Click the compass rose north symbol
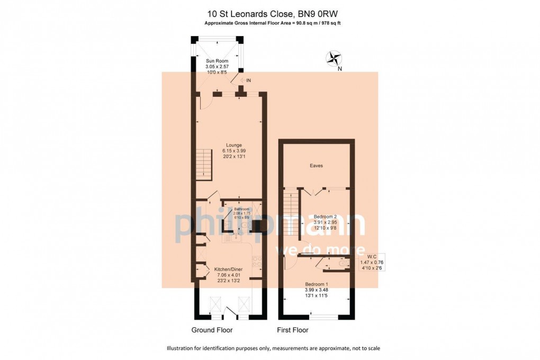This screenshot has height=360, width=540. [334, 58]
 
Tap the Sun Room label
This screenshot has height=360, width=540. [217, 61]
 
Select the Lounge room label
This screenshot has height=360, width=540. [233, 145]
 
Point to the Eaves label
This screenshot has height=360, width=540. [316, 166]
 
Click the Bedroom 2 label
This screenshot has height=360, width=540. [326, 217]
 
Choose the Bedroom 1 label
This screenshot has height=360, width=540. [317, 284]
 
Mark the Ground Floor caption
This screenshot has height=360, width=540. [212, 330]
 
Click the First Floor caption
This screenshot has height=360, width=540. [292, 330]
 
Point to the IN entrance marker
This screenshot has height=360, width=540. [246, 80]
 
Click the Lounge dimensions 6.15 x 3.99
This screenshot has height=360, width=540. [233, 151]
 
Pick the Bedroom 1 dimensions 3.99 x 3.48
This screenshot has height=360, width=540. [317, 290]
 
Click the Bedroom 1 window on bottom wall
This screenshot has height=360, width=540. [323, 317]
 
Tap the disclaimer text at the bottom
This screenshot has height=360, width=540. [273, 348]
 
